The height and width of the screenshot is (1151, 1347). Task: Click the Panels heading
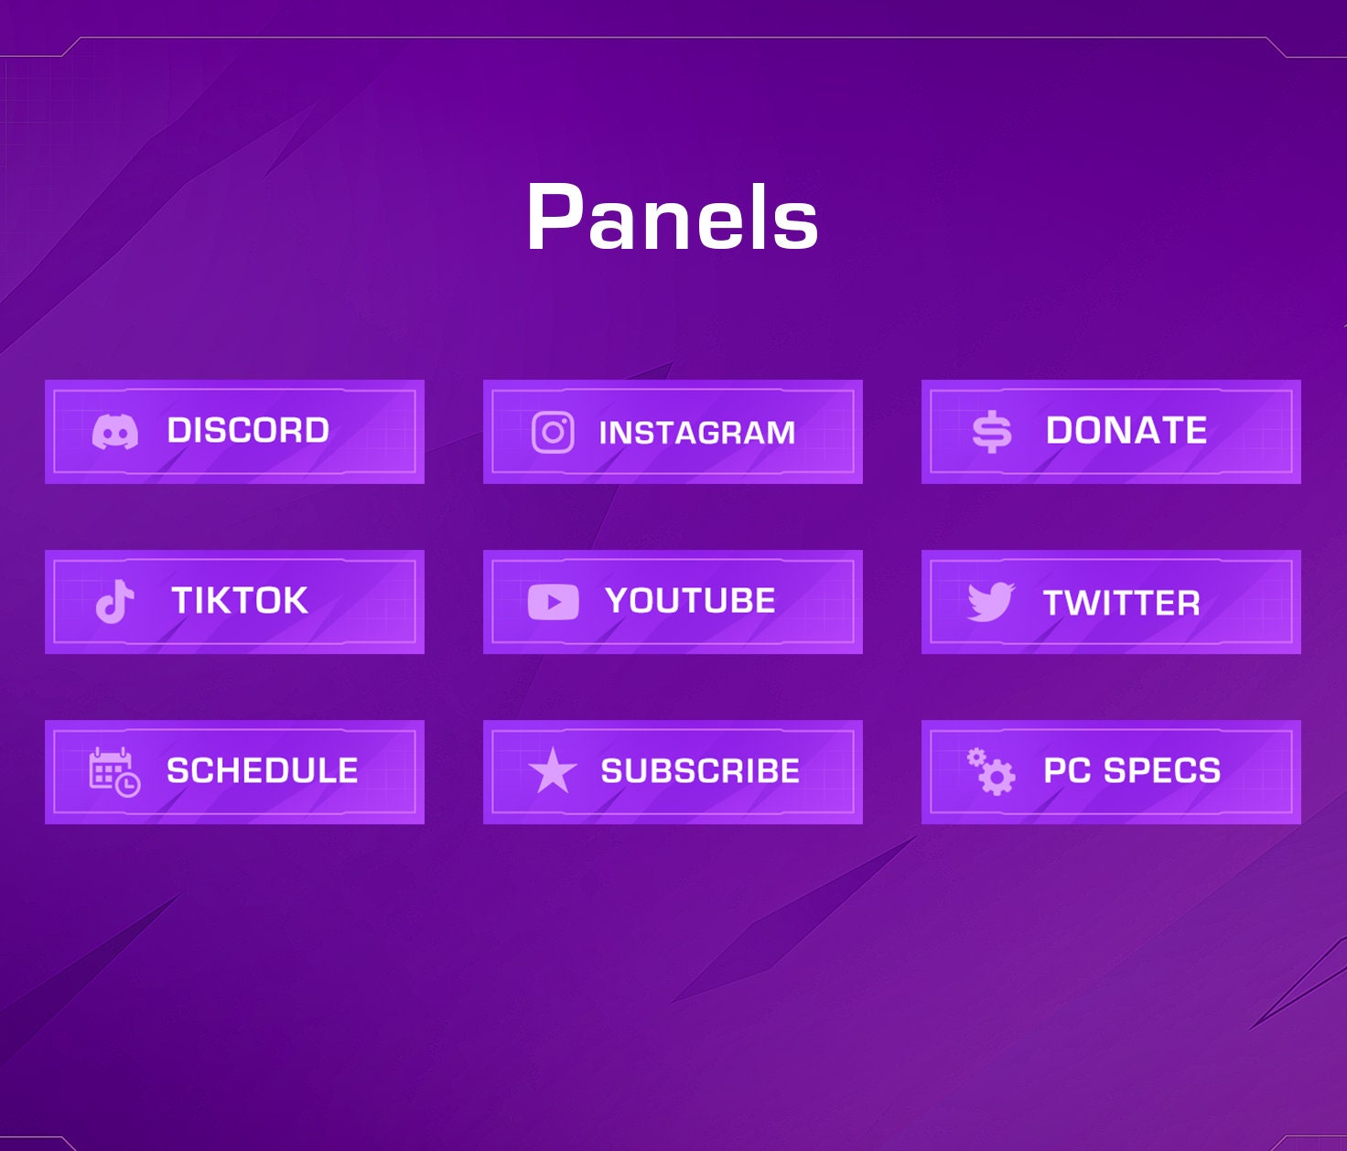click(673, 218)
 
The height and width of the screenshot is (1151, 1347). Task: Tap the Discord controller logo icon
click(115, 431)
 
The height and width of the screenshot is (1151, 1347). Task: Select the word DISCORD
click(248, 431)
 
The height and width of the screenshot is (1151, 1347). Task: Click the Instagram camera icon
click(553, 432)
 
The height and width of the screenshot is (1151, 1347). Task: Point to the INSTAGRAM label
click(697, 433)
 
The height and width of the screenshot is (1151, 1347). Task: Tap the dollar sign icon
click(992, 432)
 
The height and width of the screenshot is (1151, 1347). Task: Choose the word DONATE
click(1126, 431)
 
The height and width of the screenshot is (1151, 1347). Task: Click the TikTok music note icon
click(115, 601)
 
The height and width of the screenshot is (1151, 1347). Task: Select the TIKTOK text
click(240, 601)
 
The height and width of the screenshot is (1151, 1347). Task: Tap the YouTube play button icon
click(553, 602)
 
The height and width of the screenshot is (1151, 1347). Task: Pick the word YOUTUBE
click(690, 601)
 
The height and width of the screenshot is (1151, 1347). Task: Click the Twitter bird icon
click(991, 602)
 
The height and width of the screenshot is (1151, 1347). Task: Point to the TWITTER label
click(1122, 603)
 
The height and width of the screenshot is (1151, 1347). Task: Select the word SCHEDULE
click(263, 771)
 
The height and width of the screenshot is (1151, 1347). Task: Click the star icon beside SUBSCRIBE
click(553, 770)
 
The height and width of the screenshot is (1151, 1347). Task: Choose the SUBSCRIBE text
click(700, 771)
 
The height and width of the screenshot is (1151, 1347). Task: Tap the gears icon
click(991, 771)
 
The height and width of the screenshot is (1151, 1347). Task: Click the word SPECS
click(1162, 771)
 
